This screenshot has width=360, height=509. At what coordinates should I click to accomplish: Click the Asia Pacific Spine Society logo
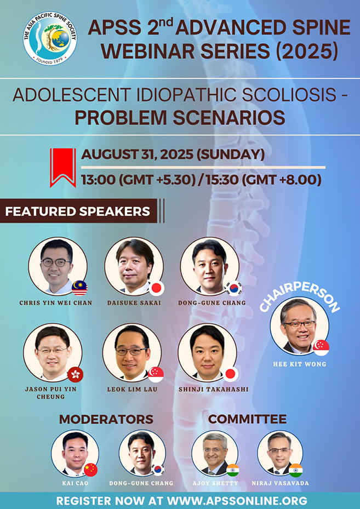pos(50,39)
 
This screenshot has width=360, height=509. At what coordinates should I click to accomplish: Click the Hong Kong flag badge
pos(75,374)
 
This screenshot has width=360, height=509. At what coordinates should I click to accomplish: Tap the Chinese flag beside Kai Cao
pos(90,470)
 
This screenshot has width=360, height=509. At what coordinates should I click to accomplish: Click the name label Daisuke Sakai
pos(134,302)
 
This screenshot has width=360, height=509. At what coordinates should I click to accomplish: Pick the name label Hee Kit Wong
pos(300,364)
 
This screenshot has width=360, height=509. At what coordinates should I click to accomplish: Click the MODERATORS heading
pos(106,420)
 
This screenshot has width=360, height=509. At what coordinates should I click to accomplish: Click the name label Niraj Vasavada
pos(280,483)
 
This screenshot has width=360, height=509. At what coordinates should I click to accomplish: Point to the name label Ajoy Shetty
pos(215,483)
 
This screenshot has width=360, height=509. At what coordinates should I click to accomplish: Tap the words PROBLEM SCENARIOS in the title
pos(180,117)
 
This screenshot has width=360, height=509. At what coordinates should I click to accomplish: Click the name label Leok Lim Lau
pos(132,389)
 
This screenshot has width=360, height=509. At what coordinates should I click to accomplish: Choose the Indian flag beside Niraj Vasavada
pos(295,470)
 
